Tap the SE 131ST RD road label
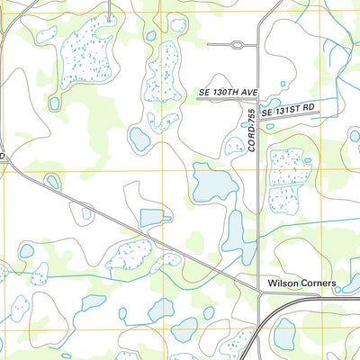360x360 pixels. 288,109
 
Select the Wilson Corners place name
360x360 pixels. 301,283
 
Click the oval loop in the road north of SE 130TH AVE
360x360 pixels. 237,43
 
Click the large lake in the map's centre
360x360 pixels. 212,184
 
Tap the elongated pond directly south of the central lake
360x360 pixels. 236,236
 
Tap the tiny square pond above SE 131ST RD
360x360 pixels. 283,85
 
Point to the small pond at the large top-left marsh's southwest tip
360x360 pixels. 54,103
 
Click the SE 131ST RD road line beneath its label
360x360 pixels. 288,116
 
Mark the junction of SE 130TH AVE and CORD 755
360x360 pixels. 258,100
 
